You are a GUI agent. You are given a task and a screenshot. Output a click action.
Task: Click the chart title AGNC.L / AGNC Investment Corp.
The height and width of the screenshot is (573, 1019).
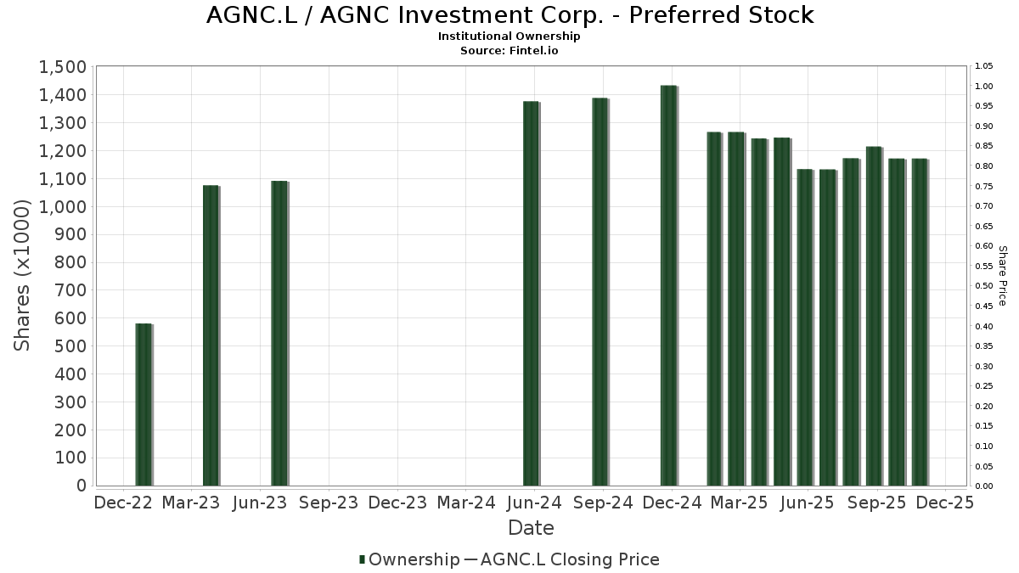coord(509,15)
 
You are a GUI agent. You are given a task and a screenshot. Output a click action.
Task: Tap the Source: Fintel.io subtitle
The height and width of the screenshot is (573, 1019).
coord(509,50)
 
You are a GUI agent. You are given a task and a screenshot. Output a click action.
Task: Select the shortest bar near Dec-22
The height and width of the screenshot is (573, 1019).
coord(144,405)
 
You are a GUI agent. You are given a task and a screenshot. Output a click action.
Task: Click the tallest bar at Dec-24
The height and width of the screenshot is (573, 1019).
coord(668,286)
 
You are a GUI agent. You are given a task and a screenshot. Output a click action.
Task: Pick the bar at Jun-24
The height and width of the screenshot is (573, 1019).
coord(531,294)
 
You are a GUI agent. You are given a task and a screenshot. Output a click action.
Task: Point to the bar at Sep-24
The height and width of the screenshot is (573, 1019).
coord(600,292)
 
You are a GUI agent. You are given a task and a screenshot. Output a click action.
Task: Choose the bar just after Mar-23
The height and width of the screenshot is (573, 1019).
coord(211,335)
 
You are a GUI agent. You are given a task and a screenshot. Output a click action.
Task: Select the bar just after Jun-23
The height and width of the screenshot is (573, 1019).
coord(279,334)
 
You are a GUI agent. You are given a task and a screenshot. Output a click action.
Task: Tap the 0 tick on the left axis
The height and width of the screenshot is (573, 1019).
coord(82,486)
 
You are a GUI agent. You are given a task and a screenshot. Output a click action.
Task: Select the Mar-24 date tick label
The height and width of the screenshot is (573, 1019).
coord(466,503)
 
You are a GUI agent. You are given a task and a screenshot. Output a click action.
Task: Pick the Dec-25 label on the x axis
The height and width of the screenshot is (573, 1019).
coord(945,503)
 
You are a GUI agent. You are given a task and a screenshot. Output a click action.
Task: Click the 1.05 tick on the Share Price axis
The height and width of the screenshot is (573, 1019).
coord(984,66)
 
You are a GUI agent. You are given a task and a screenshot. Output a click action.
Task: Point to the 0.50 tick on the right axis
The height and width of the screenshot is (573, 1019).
coord(984,286)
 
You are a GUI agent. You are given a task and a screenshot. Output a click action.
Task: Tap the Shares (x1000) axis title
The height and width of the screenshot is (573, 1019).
coord(23,276)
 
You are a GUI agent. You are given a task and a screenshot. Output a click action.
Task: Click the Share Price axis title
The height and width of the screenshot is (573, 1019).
coord(1002,276)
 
